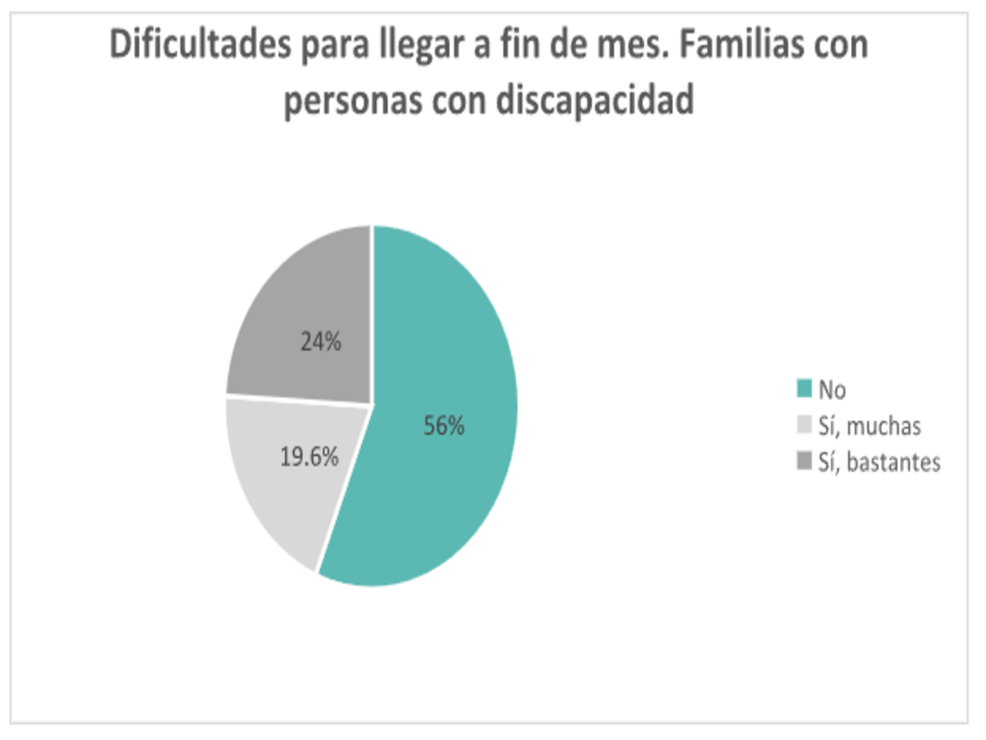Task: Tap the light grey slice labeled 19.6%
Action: click(279, 501)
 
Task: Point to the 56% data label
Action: click(444, 426)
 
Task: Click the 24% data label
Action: click(321, 341)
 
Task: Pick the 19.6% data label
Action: click(309, 458)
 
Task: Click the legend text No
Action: click(832, 390)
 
